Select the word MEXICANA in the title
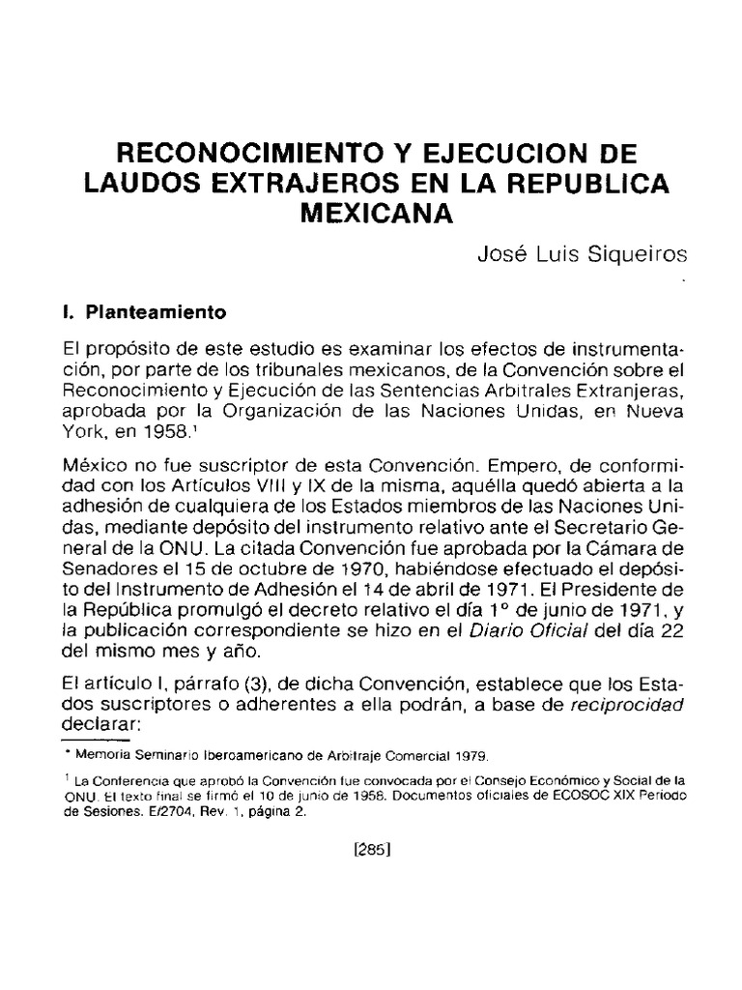click(x=377, y=212)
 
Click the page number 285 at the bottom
click(x=371, y=852)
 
